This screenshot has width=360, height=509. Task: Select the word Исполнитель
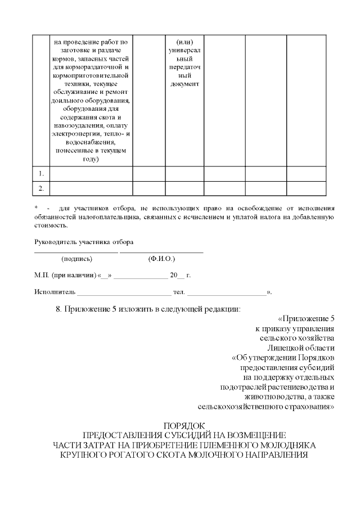(x=54, y=292)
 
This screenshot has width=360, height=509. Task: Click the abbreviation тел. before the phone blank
(x=179, y=292)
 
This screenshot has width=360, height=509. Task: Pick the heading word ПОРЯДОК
(x=184, y=426)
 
